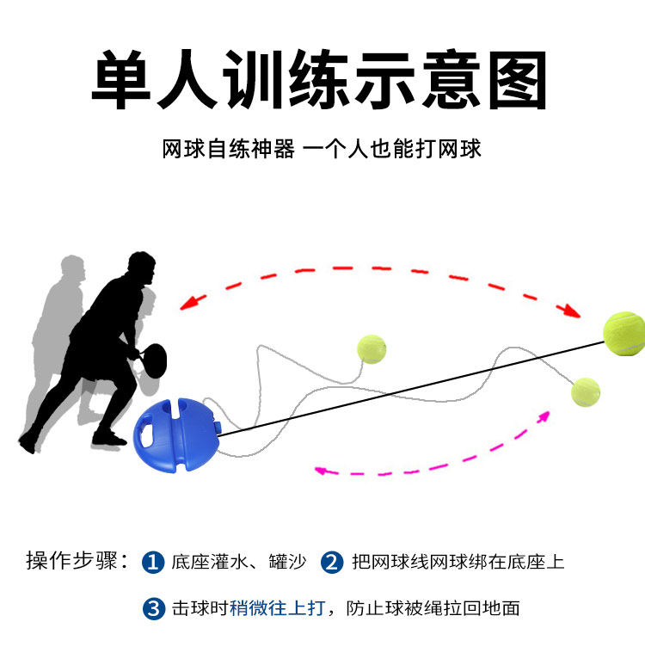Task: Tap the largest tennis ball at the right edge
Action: tap(623, 333)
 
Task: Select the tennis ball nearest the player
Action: tap(372, 348)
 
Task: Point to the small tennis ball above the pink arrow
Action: tap(586, 392)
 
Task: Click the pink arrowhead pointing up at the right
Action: tap(544, 416)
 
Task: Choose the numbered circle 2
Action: tap(332, 563)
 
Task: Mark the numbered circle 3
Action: tap(153, 609)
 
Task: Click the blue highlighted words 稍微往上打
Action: tap(277, 608)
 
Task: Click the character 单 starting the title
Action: tap(129, 80)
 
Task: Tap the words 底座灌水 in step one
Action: tap(205, 563)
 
